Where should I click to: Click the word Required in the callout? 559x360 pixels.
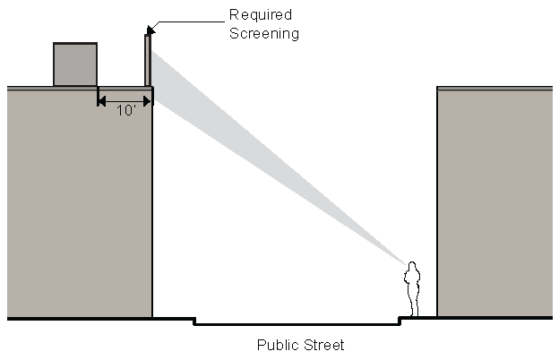[261, 15]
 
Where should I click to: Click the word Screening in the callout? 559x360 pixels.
[264, 33]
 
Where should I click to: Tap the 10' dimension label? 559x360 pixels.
[125, 111]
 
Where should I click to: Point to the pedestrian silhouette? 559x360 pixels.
[412, 288]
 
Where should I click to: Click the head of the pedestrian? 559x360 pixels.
[413, 267]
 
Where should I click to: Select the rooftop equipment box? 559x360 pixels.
[75, 64]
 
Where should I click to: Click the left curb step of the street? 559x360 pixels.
[194, 321]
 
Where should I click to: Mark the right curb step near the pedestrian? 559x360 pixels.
[400, 321]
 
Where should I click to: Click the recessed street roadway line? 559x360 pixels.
[296, 324]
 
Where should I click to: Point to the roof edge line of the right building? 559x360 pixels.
[494, 88]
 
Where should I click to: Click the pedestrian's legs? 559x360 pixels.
[412, 304]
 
